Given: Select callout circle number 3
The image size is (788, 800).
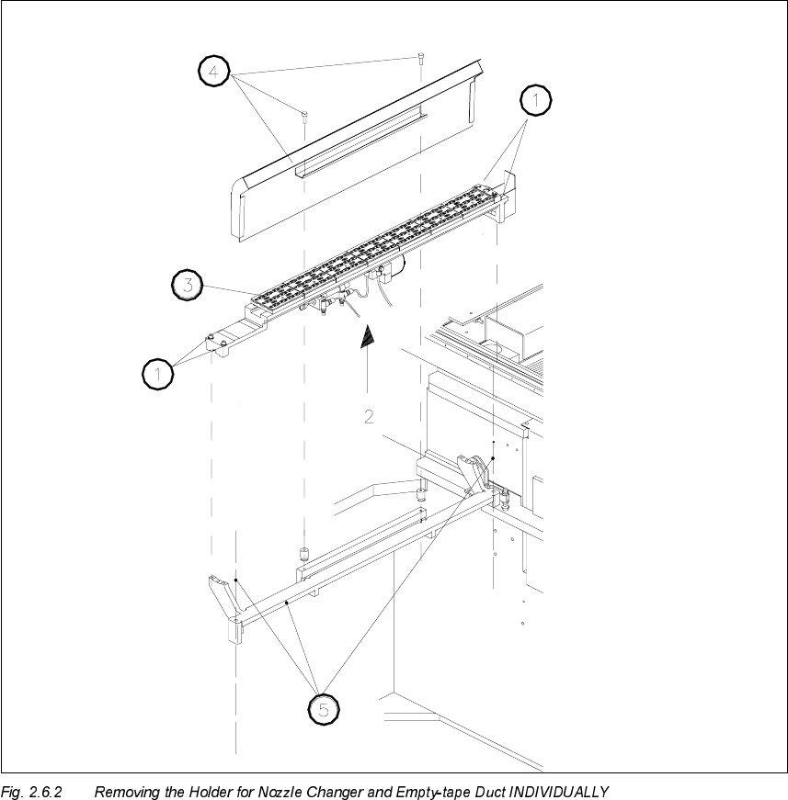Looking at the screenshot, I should coord(188,285).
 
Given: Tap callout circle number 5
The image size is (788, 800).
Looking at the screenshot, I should coord(323,709).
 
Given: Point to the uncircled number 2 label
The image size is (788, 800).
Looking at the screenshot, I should coord(368,416).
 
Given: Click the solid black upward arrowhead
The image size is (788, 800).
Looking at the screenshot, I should coord(367,337).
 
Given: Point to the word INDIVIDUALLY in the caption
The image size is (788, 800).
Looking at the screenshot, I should coord(559,791).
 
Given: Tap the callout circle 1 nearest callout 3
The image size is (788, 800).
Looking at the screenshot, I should coord(158,373).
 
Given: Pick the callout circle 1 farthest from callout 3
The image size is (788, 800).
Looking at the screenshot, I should coord(537,99).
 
